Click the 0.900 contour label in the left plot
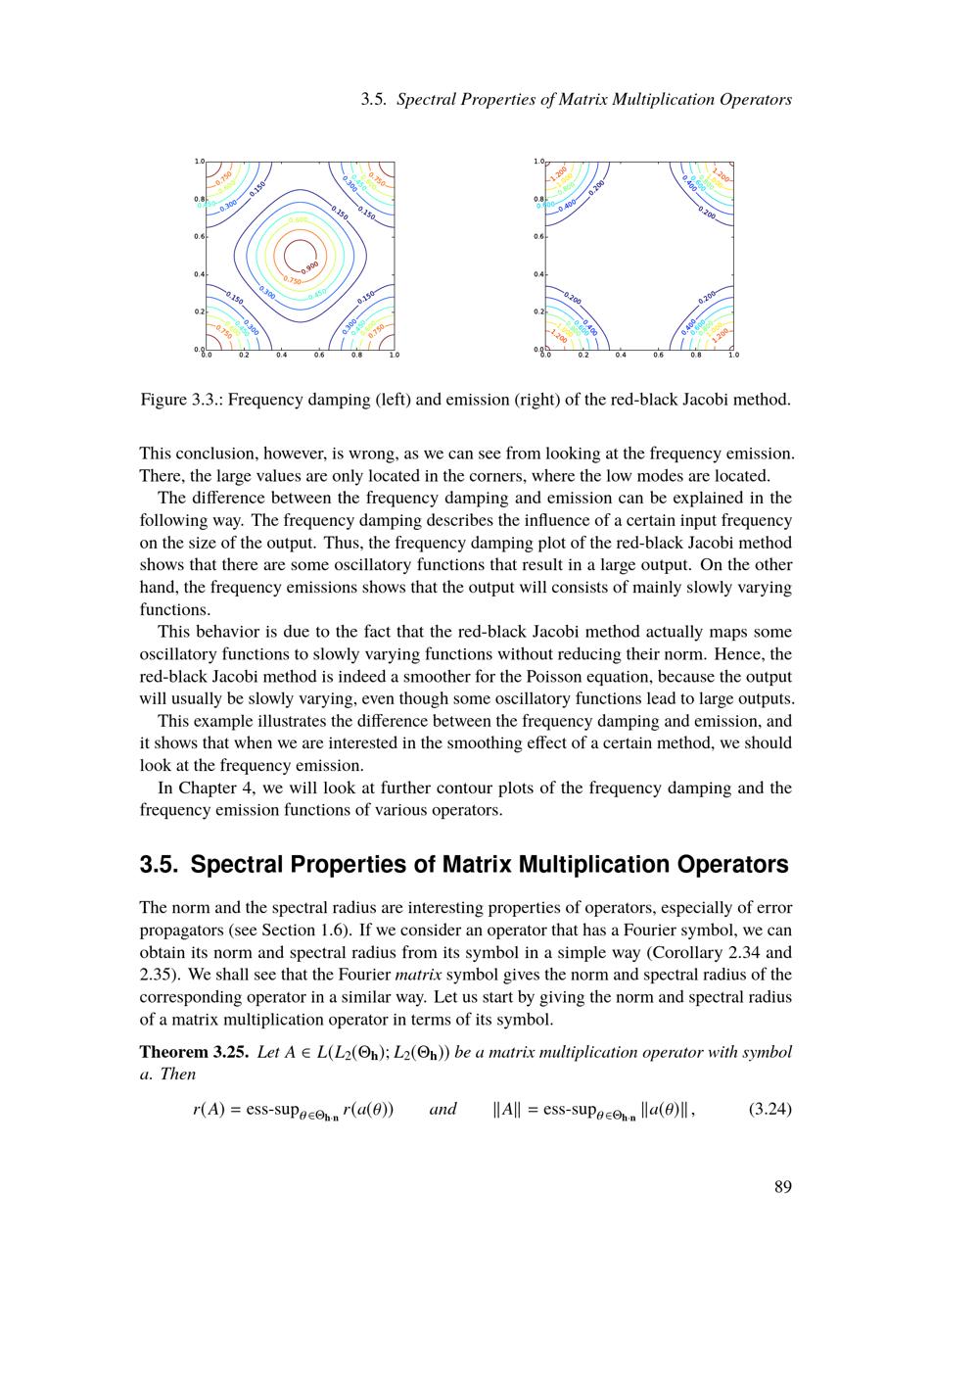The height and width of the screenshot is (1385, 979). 309,266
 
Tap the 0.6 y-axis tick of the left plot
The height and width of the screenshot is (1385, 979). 198,236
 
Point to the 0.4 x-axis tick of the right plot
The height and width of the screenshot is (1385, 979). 621,355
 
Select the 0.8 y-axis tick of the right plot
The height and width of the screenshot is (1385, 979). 537,199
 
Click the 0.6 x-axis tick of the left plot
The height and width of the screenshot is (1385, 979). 319,355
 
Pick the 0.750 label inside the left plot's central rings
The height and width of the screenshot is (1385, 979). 293,281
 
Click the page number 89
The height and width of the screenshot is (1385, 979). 782,1187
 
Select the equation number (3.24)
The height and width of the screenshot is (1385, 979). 769,1110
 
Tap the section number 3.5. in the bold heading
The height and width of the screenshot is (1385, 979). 160,865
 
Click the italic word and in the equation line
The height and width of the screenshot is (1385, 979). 443,1110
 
